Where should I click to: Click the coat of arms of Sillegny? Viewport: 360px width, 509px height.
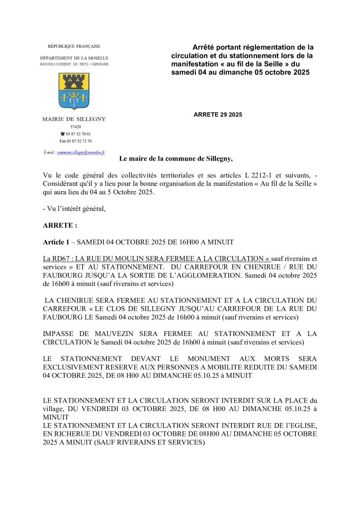point(74,91)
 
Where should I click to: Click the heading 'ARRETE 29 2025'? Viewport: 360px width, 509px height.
point(218,115)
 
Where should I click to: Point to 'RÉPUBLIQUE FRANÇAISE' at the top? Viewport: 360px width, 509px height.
point(74,46)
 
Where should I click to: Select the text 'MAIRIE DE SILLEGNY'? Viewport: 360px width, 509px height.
point(74,119)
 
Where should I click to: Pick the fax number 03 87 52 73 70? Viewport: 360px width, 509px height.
point(75,141)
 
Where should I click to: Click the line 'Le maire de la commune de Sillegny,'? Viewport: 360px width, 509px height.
point(176,159)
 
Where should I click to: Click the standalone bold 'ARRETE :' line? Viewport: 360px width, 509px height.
point(60,225)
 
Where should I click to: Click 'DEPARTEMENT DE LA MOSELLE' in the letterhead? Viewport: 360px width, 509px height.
point(74,58)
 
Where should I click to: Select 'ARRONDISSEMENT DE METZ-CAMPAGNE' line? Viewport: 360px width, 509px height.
point(74,65)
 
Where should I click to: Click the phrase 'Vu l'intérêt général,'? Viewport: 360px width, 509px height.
point(75,209)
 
